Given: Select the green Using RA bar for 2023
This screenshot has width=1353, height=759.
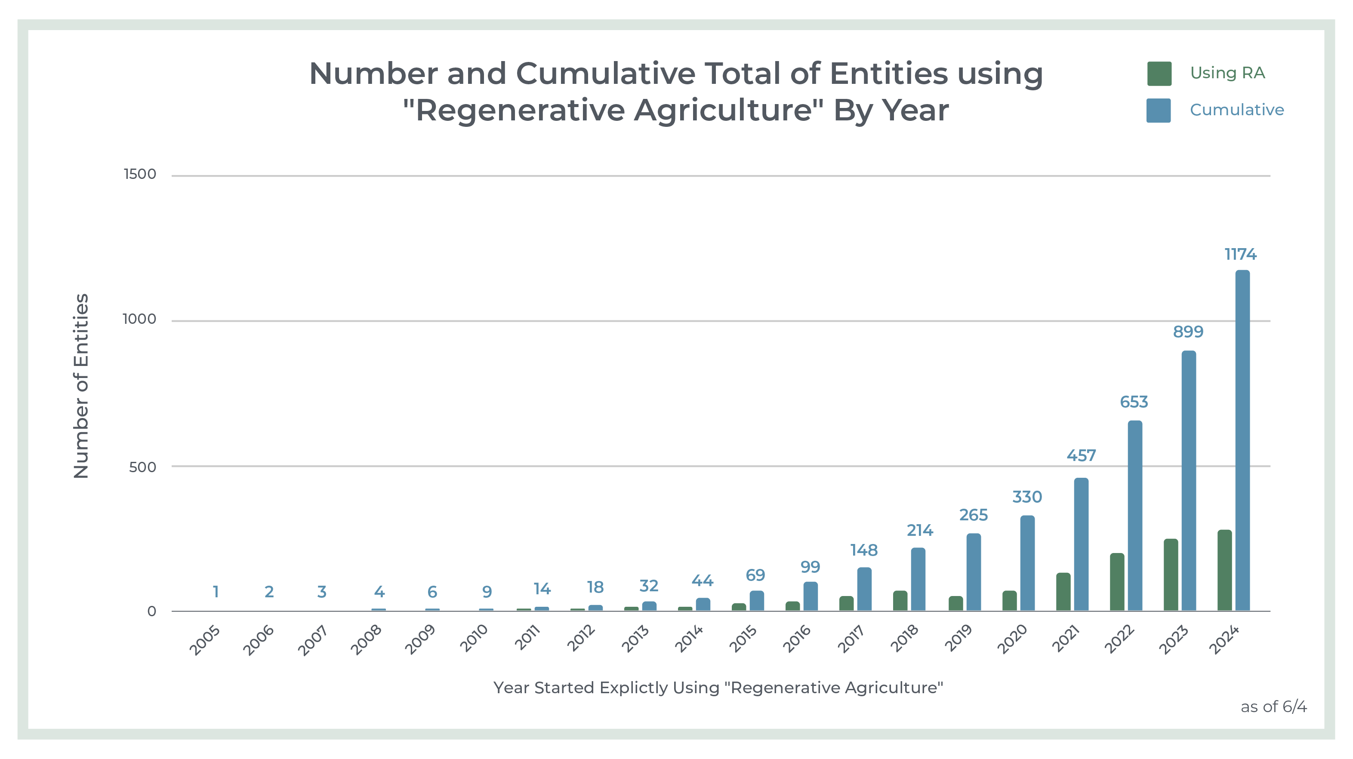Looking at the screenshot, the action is pos(1171,575).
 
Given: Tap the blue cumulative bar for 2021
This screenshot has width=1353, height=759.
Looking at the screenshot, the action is pos(1081,544).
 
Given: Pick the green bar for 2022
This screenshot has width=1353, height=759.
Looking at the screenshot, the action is pos(1117,582).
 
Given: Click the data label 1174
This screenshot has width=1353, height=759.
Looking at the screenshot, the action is pos(1241,255).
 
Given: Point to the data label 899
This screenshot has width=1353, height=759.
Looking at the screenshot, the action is pos(1188,332).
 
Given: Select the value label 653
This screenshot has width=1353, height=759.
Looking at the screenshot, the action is pos(1134,402).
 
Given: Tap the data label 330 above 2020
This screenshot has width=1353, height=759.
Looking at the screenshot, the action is pos(1027,497).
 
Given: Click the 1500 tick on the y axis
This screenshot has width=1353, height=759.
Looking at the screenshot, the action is pos(140,174).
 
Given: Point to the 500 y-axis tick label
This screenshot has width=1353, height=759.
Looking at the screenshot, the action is pos(142,467).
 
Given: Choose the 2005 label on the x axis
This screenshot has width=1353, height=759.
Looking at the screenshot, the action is pos(204,640).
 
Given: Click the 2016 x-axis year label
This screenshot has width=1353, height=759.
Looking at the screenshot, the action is pos(796,639).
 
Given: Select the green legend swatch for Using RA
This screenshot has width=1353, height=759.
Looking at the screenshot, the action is pos(1159,74).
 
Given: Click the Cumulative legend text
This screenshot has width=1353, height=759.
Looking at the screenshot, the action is pos(1236,110).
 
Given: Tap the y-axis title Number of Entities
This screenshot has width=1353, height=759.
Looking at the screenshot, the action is pos(81,386).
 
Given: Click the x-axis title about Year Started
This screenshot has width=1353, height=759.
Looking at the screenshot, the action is pos(718,688).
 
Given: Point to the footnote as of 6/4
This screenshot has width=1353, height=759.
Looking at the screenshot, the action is pos(1274,707).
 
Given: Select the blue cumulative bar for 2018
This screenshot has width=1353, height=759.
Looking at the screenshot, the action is pos(918,580).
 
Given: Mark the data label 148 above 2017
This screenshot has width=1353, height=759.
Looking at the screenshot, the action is pos(864,550).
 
